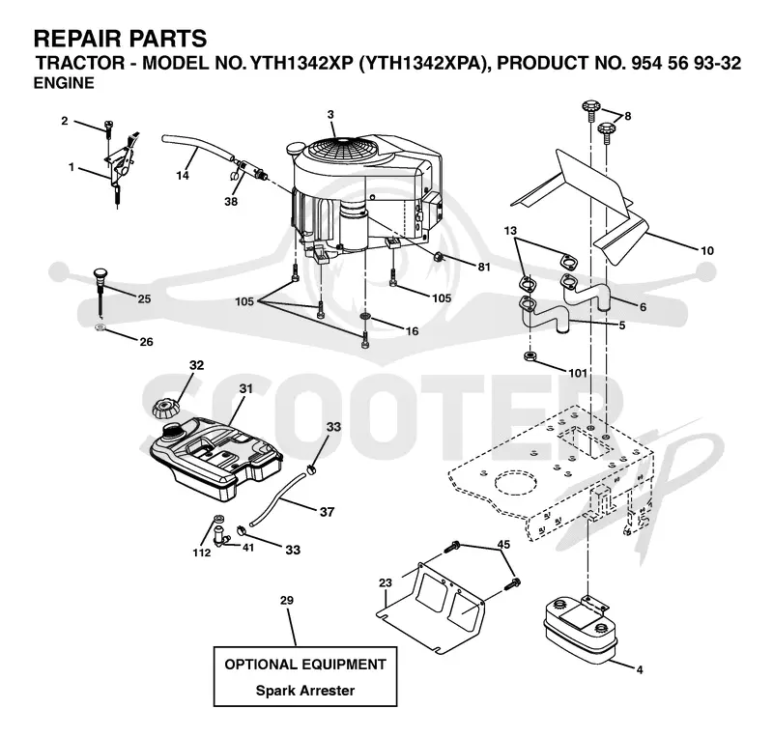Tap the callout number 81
click(484, 267)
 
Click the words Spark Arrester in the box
click(304, 691)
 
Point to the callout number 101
click(578, 373)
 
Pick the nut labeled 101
click(530, 355)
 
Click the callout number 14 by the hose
click(183, 175)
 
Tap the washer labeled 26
click(100, 327)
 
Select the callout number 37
click(327, 512)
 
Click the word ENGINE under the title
click(64, 83)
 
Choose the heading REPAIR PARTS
click(120, 38)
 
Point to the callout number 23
click(385, 582)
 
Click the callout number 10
click(707, 250)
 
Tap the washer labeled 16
click(365, 316)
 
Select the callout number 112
click(202, 553)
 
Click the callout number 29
click(286, 601)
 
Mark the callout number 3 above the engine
click(330, 115)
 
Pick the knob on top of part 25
click(100, 272)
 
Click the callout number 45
click(503, 544)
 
